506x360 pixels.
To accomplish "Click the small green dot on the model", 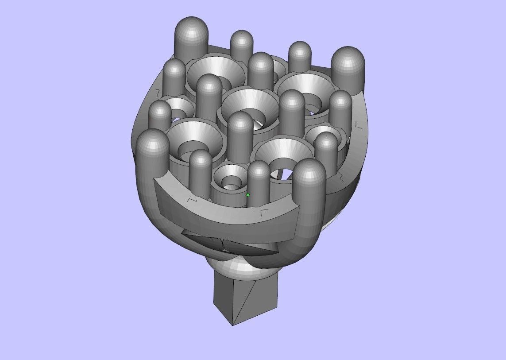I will [x=248, y=195].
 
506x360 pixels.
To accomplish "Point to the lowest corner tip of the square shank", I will [x=232, y=325].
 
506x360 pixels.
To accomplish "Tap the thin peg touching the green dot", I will [x=259, y=182].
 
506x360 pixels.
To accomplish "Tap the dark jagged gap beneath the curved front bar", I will [x=221, y=244].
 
